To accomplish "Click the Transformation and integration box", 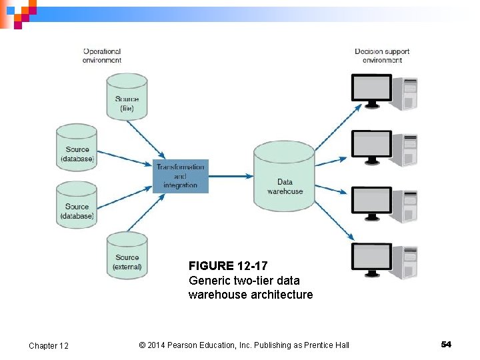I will coord(180,176).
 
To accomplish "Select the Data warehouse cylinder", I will coord(285,177).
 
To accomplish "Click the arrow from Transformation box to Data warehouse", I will coord(231,176).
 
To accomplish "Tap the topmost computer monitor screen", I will coord(371,87).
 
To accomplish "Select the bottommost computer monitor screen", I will coord(371,256).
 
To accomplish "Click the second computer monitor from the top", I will coord(371,143).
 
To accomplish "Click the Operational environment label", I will coord(102,55).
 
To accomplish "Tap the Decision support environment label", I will coord(382,55).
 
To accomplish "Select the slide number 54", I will coord(446,344).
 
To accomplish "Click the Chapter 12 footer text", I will coord(49,345).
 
